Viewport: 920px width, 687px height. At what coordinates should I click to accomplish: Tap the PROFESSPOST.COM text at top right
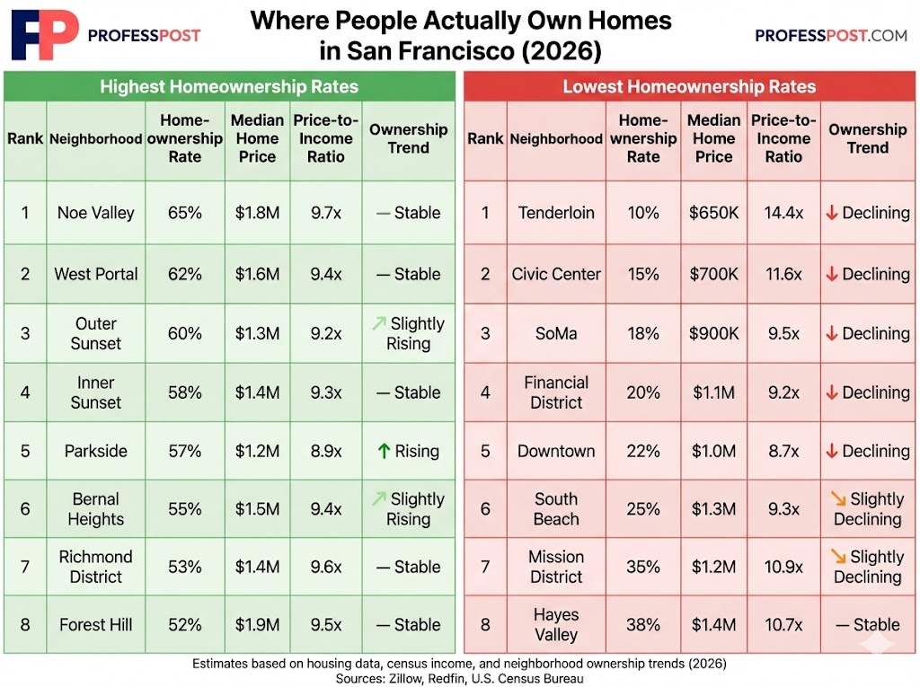pos(831,36)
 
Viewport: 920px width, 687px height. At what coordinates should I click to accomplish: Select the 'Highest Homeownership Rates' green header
pos(229,87)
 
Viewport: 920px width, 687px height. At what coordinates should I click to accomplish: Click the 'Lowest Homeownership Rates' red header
pos(689,87)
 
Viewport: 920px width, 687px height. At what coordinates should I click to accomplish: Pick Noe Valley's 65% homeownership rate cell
pos(184,213)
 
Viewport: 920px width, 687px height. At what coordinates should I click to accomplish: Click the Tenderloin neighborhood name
pos(556,213)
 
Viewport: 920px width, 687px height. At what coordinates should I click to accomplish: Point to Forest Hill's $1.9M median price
pos(257,625)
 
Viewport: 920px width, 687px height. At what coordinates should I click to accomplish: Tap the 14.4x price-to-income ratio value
pos(783,213)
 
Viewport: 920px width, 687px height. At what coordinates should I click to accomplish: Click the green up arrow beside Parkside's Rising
pos(383,451)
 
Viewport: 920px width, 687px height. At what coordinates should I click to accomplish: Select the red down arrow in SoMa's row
pos(832,333)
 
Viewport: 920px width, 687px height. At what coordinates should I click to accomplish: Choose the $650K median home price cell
pos(713,213)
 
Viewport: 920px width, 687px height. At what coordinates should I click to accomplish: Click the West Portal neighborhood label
pos(96,274)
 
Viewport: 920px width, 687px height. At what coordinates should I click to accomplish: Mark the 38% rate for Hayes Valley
pos(643,625)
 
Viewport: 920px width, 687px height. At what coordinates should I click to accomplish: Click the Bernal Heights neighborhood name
pos(96,509)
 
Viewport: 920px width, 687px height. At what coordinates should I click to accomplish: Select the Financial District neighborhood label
pos(556,392)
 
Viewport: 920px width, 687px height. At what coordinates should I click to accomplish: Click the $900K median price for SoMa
pos(713,333)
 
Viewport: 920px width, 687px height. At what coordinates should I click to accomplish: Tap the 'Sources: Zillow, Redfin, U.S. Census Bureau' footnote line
pos(459,679)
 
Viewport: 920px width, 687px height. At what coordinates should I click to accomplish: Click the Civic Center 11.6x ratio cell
pos(783,274)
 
